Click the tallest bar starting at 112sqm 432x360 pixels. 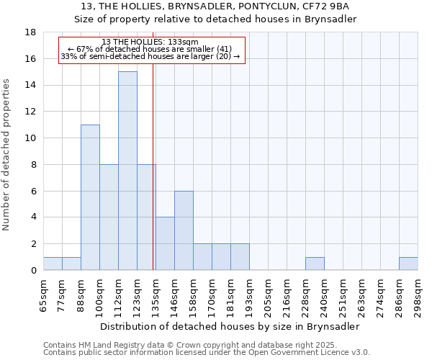(x=127, y=171)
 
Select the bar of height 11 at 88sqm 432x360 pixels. (x=90, y=197)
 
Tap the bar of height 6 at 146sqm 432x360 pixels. (x=184, y=230)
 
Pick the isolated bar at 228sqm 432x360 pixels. (x=315, y=264)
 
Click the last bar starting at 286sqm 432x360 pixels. (x=408, y=264)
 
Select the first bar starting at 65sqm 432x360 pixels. (x=53, y=264)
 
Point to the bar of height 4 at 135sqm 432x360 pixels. (x=165, y=243)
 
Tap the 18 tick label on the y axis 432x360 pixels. (x=30, y=32)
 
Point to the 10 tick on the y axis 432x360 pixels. (x=30, y=138)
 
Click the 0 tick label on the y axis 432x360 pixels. (x=33, y=271)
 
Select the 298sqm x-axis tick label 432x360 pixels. (x=418, y=296)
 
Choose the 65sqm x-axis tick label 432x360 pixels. (x=44, y=296)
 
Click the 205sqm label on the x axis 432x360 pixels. (x=269, y=296)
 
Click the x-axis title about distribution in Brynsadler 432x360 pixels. (x=230, y=326)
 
